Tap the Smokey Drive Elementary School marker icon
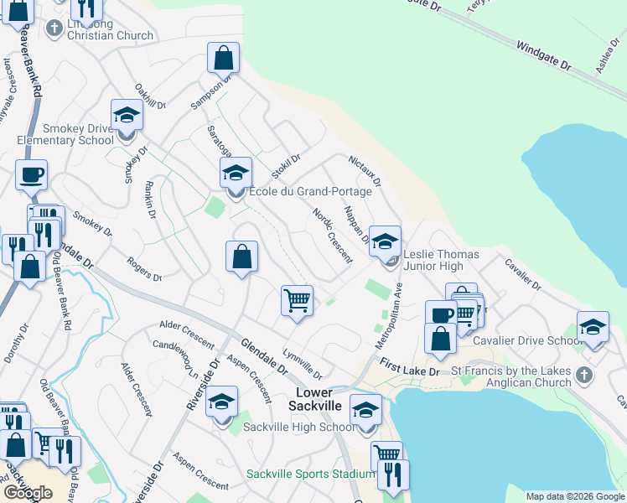(x=127, y=115)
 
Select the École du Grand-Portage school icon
(x=236, y=174)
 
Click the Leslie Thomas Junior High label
(x=442, y=260)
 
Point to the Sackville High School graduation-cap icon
(x=222, y=402)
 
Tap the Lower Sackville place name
(x=314, y=399)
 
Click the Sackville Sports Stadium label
(x=310, y=474)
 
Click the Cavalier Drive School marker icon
(x=593, y=326)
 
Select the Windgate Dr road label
(x=543, y=55)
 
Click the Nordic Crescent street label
(x=332, y=235)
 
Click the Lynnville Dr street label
(x=302, y=363)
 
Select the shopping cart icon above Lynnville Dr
(x=298, y=299)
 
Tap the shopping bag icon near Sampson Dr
(x=224, y=58)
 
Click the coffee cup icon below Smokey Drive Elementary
(x=31, y=175)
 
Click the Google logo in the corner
(x=27, y=493)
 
